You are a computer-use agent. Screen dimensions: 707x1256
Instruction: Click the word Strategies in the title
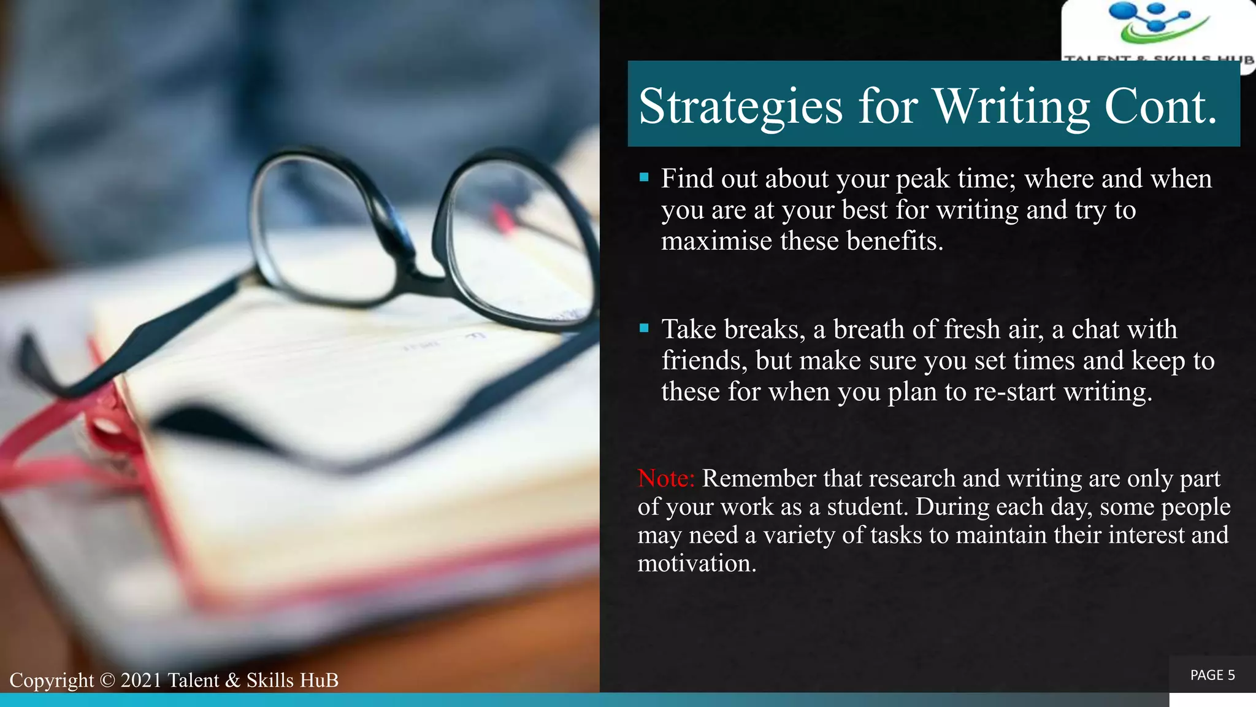(x=740, y=106)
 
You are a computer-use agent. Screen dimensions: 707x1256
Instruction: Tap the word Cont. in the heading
(x=1160, y=106)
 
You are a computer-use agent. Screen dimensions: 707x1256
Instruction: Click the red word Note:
(x=665, y=479)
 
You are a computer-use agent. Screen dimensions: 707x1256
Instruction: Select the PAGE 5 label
(x=1212, y=675)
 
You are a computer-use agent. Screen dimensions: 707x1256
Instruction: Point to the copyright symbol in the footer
(x=107, y=681)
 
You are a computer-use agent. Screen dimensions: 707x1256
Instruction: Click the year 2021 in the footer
(x=141, y=681)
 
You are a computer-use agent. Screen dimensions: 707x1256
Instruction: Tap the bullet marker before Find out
(x=644, y=178)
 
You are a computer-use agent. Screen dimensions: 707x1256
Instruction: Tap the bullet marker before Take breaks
(x=644, y=328)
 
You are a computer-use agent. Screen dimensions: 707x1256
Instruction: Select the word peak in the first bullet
(x=923, y=179)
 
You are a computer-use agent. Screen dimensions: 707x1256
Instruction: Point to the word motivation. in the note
(x=697, y=563)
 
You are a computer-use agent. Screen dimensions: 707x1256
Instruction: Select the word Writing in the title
(x=1012, y=106)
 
